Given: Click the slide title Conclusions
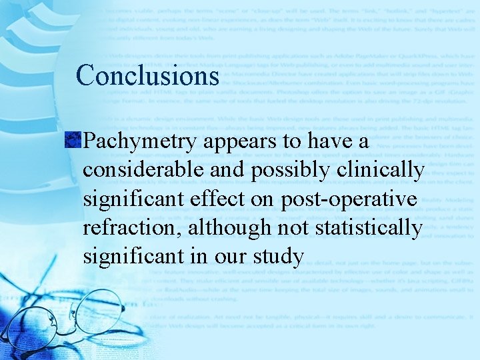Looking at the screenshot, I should click(147, 75).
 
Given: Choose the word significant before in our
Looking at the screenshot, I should click(135, 256).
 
